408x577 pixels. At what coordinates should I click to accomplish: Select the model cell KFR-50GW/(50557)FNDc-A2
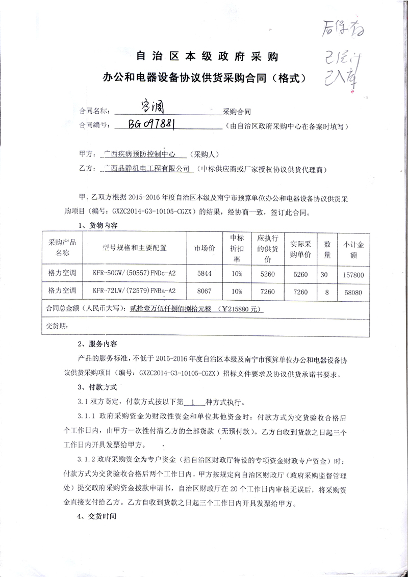pyautogui.click(x=134, y=274)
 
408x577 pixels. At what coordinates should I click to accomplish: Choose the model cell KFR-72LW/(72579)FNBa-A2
pyautogui.click(x=134, y=291)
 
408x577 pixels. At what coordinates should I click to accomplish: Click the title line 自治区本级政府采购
pyautogui.click(x=206, y=56)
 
